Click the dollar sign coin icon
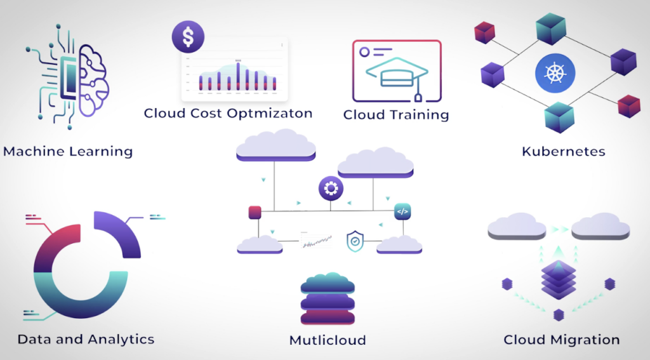(x=188, y=36)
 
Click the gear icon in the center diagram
(x=331, y=188)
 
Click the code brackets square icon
(x=402, y=211)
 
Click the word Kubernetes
(x=563, y=151)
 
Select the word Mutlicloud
(x=328, y=340)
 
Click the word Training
(x=422, y=115)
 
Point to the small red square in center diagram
(x=255, y=212)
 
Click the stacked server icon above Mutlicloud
(x=328, y=300)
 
